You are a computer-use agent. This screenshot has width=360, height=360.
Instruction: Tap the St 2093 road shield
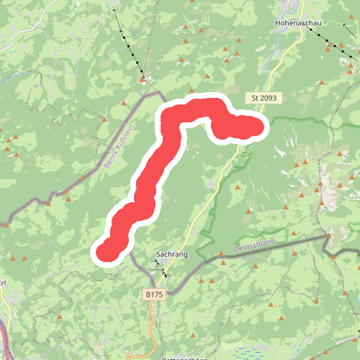coord(265,97)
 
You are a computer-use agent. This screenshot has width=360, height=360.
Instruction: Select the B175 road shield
coord(153,294)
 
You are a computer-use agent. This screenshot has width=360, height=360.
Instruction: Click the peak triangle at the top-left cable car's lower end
coord(144,75)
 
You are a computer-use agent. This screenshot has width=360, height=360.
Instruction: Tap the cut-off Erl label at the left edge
coord(4,282)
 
